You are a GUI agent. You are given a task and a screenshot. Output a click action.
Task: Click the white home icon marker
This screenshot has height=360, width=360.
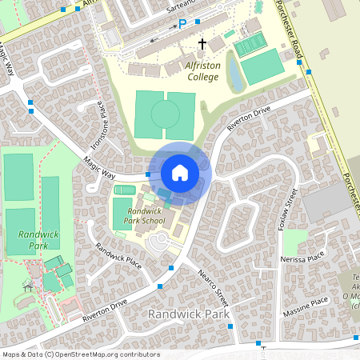[x=180, y=172]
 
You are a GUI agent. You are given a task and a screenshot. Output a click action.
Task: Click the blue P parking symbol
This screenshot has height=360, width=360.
[x=182, y=25]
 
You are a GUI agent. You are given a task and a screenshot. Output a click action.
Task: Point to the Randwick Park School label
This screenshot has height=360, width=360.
[x=146, y=215]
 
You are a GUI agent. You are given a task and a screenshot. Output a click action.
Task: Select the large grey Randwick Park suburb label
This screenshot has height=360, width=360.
[x=189, y=314]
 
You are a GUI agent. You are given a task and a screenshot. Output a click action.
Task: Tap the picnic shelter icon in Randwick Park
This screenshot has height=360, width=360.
[x=29, y=286]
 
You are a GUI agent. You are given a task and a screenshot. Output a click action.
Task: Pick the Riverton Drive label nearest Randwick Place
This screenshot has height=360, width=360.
[x=104, y=311]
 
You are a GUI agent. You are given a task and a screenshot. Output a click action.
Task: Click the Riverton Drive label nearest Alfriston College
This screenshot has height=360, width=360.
[x=250, y=118]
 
